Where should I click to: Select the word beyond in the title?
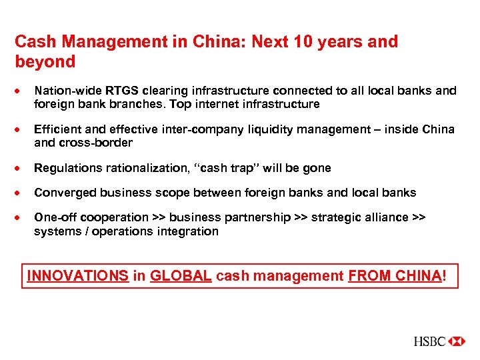(x=45, y=62)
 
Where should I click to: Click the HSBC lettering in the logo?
(x=429, y=341)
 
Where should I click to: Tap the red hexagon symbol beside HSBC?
(x=457, y=341)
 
